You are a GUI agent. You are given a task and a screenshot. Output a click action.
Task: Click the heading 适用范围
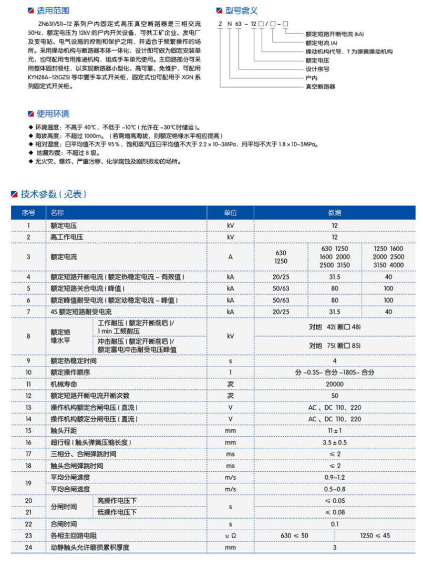click(53, 11)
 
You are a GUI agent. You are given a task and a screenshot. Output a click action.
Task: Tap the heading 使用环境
click(53, 114)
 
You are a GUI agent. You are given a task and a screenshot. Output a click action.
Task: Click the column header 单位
click(230, 213)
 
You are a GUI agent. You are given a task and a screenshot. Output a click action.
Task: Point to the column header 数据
click(335, 213)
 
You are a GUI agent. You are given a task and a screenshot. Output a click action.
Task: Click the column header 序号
click(28, 213)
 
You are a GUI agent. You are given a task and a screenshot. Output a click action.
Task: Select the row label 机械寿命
click(63, 384)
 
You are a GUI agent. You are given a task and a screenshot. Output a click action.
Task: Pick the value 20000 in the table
click(335, 384)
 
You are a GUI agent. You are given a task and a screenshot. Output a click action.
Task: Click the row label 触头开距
click(63, 430)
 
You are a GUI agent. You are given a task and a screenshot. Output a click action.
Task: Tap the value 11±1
click(335, 430)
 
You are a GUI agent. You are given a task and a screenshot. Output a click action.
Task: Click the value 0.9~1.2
click(335, 477)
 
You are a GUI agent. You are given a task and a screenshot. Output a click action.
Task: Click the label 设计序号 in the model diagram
click(318, 69)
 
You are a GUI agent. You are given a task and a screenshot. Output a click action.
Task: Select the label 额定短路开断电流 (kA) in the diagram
click(334, 34)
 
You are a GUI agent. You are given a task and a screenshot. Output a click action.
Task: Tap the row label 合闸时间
click(64, 524)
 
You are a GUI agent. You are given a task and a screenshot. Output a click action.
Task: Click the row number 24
click(28, 548)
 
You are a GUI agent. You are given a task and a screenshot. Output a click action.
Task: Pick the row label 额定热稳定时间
click(74, 360)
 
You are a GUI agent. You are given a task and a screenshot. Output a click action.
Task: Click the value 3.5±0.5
click(335, 442)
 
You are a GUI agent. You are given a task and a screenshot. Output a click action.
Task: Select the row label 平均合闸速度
click(70, 489)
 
